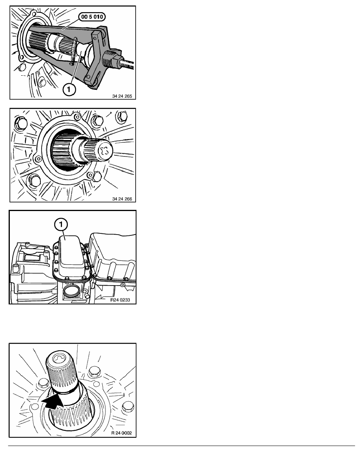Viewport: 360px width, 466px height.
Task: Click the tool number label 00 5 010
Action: click(92, 17)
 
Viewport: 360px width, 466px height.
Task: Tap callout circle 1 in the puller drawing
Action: click(69, 89)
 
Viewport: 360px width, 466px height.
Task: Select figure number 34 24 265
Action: click(122, 96)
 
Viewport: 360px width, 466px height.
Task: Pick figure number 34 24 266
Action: click(122, 199)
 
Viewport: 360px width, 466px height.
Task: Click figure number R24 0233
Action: click(120, 300)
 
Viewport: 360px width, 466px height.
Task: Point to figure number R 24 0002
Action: click(122, 433)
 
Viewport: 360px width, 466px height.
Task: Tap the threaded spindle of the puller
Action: click(127, 63)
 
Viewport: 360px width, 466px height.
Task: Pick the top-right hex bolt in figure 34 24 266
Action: click(122, 116)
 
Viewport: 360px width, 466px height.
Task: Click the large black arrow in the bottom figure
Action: click(53, 402)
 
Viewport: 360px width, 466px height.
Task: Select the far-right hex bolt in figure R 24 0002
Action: click(128, 406)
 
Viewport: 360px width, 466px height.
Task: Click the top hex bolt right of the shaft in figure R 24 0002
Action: click(95, 371)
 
